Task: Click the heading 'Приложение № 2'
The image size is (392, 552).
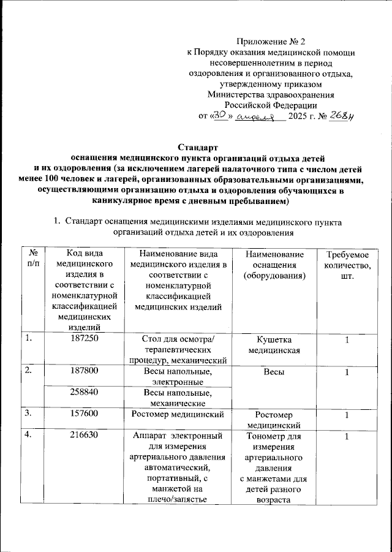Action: click(271, 42)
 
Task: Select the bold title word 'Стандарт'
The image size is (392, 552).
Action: click(197, 147)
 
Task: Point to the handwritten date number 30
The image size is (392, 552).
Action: click(221, 116)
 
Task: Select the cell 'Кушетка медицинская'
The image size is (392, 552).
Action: click(274, 345)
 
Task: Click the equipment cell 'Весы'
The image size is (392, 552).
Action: click(274, 372)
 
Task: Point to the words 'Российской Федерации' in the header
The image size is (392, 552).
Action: click(271, 105)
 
